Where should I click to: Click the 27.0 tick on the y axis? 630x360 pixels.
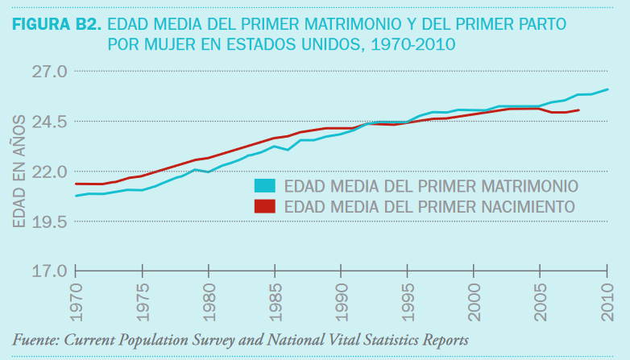49,72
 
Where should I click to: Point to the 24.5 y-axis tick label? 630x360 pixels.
49,122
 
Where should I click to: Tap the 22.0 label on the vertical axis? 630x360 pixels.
49,172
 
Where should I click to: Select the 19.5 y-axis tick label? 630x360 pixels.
49,221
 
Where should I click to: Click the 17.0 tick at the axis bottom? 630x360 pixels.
49,271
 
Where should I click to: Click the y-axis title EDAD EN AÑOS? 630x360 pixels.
18,171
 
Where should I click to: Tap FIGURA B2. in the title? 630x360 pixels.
56,23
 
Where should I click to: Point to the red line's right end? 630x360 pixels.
579,110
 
